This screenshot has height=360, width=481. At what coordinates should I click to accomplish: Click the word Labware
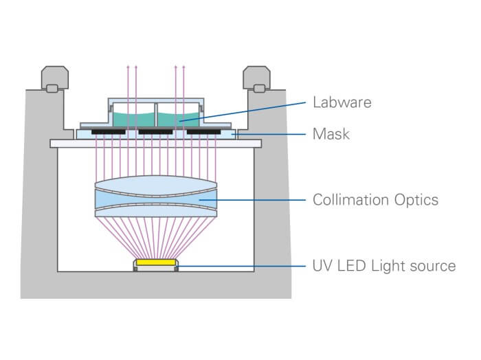coord(342,102)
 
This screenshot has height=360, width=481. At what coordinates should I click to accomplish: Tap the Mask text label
coord(331,133)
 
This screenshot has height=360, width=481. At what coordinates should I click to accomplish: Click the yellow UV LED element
coord(155,263)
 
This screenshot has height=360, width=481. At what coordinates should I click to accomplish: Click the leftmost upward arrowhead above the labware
coord(127,67)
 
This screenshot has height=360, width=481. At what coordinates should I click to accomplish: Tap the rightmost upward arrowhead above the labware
coord(184,67)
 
